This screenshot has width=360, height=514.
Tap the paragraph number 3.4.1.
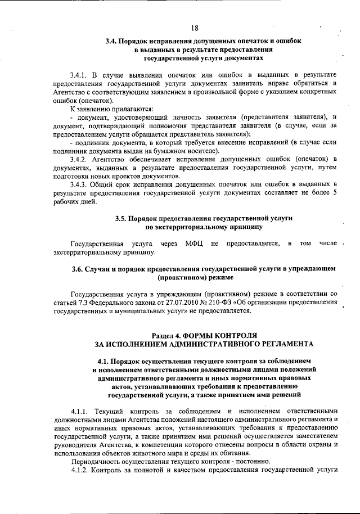click(x=80, y=75)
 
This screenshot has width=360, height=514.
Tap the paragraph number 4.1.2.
click(x=80, y=469)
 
